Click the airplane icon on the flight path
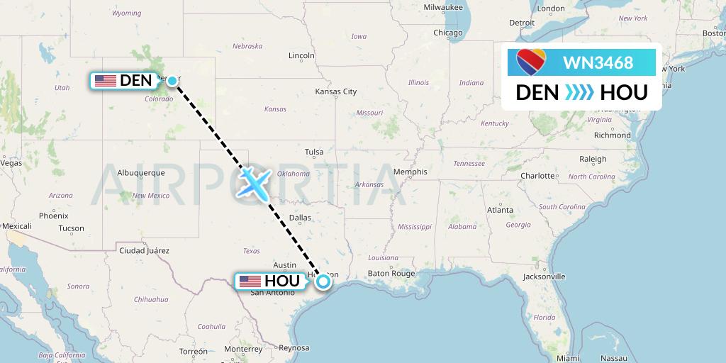click(x=253, y=182)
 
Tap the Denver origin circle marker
click(x=172, y=81)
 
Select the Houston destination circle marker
click(x=323, y=281)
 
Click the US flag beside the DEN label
click(x=106, y=81)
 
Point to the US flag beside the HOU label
click(x=250, y=281)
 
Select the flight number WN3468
click(x=598, y=63)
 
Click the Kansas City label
click(x=336, y=91)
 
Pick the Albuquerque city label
click(x=140, y=172)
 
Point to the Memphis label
click(x=411, y=172)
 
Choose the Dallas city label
click(x=300, y=218)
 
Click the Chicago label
click(x=448, y=33)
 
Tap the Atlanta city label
click(x=500, y=210)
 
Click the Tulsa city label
click(x=314, y=152)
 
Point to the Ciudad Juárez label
click(x=145, y=250)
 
